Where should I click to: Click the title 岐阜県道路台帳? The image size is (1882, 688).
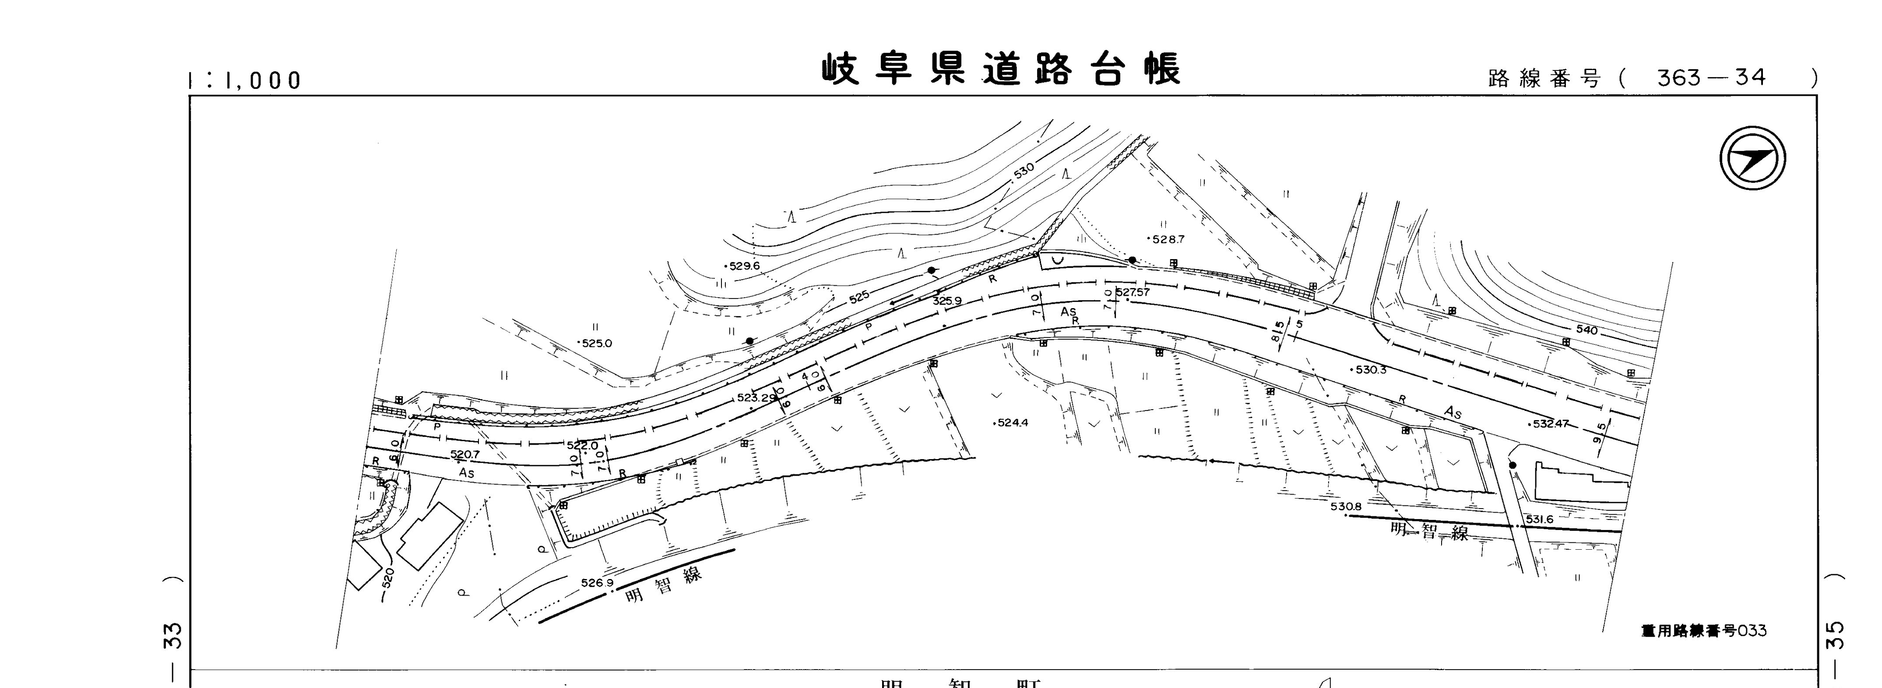1001,70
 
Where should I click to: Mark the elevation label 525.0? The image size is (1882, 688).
596,343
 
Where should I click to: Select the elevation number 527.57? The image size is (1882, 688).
1133,293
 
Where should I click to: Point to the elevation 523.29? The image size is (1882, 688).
756,398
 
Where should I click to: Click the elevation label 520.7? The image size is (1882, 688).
464,454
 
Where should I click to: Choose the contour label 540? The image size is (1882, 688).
1587,330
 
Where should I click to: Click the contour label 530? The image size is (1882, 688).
1024,170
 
